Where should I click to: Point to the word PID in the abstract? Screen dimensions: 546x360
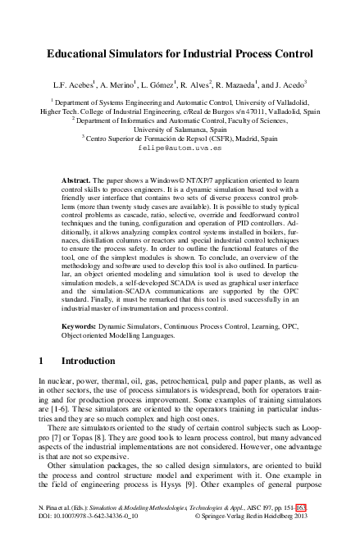pos(222,229)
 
